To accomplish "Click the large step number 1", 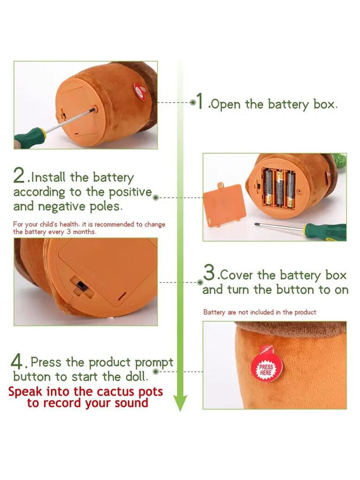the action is [x=200, y=101].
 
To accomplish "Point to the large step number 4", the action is [x=17, y=362].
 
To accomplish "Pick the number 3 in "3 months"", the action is [x=69, y=231].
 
